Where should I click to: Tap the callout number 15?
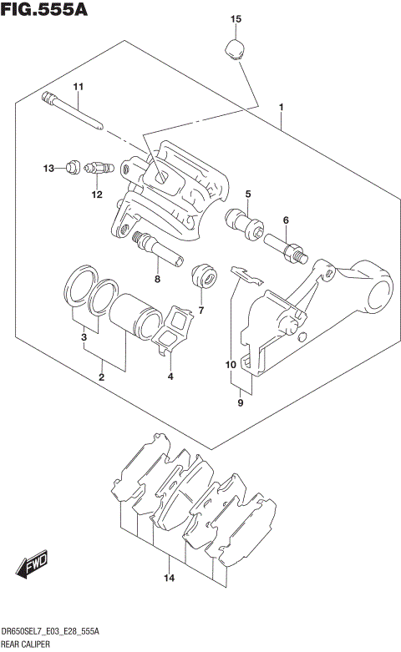point(236,18)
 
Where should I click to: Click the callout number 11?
point(79,88)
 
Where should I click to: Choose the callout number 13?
point(48,169)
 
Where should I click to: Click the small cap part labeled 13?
point(73,168)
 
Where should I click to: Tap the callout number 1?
point(282,107)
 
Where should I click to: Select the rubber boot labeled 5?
point(245,221)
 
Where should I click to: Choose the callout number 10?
point(230,364)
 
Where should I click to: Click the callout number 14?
point(169,578)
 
